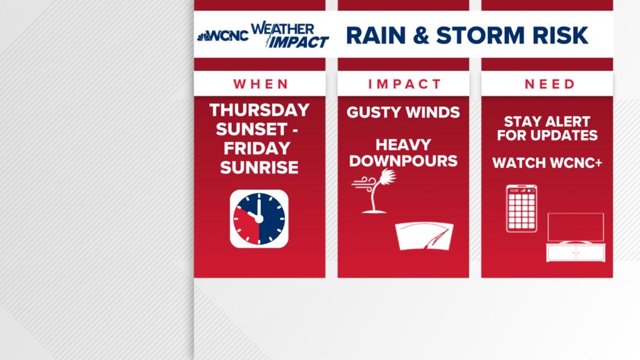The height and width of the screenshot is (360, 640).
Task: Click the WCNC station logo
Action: point(223,36)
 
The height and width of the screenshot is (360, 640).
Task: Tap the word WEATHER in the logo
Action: point(282,29)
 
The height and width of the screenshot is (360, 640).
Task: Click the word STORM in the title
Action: point(480,35)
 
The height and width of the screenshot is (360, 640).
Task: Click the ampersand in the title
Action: point(421,35)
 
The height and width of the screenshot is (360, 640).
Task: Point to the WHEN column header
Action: point(261,84)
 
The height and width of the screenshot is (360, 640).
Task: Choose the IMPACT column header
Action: point(404,84)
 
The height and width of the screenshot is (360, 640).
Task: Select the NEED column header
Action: point(550,84)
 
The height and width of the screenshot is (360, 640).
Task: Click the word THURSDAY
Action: point(259,110)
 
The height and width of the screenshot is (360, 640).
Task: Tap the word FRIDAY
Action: point(257,148)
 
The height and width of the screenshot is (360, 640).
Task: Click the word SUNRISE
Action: point(259,167)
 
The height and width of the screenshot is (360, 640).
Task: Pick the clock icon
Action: point(259,219)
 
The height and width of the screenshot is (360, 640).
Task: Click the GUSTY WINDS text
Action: point(403,112)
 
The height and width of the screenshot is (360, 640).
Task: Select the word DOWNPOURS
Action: point(403,161)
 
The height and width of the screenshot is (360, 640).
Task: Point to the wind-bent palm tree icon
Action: point(374,191)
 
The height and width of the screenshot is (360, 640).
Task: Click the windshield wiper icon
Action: point(424,236)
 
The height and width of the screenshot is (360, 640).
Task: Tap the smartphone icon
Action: point(522,208)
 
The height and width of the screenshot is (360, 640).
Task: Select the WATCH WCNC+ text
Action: point(547,163)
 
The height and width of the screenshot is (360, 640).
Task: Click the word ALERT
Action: point(562,122)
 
